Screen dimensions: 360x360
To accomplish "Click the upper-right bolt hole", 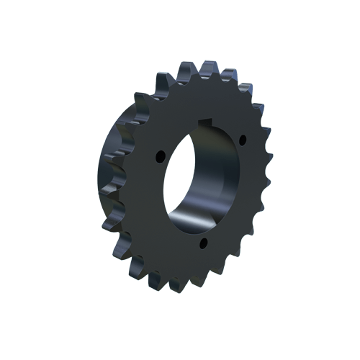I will (x=241, y=139).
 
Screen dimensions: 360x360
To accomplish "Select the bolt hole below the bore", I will (x=204, y=243).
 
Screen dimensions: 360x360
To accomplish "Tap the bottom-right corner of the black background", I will (x=357, y=357).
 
